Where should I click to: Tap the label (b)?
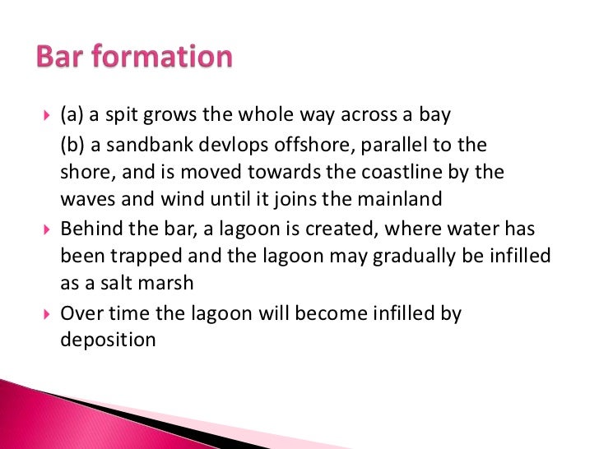[73, 146]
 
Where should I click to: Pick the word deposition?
[108, 339]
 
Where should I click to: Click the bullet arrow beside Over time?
[45, 312]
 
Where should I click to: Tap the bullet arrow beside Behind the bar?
[45, 228]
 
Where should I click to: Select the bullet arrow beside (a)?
[45, 114]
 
